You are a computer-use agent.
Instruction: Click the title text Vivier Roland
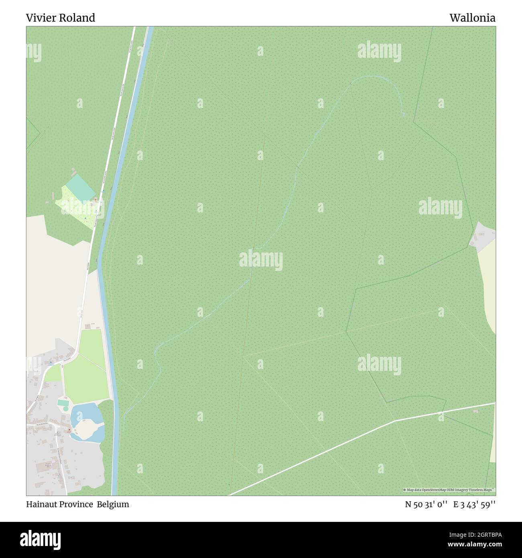tap(61, 18)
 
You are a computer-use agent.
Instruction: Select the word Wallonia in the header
tap(472, 18)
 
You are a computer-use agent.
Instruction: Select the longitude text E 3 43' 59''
tap(474, 505)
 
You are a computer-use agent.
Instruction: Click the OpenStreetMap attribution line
tap(449, 490)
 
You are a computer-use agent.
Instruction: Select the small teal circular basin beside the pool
tap(65, 409)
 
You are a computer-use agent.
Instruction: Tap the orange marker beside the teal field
tap(95, 199)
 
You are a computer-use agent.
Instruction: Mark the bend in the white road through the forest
tap(395, 420)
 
